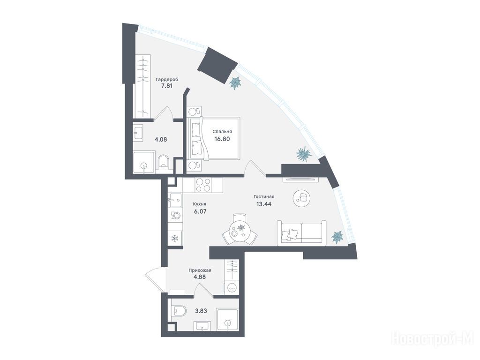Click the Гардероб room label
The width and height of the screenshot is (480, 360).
(x=166, y=80)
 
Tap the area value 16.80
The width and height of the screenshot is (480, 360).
(x=222, y=139)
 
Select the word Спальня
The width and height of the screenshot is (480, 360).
(x=222, y=132)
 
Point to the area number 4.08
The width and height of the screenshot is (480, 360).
(x=161, y=140)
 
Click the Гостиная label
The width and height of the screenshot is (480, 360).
(x=264, y=197)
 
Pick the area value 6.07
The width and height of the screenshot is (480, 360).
(x=200, y=211)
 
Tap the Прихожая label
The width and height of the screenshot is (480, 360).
(x=200, y=270)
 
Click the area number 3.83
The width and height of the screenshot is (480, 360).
(x=201, y=311)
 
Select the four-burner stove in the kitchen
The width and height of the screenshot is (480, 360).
(x=203, y=185)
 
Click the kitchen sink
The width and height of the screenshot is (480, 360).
(x=175, y=201)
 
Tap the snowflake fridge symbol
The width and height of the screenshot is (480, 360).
(x=175, y=238)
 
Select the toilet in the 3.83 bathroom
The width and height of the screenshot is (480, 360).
(x=179, y=311)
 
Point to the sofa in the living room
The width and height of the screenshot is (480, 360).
(x=301, y=232)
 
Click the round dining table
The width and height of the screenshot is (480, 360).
(x=240, y=230)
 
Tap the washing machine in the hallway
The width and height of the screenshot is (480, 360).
(x=232, y=287)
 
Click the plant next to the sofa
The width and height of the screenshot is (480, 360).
(x=337, y=237)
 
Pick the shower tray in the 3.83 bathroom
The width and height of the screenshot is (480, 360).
(x=227, y=319)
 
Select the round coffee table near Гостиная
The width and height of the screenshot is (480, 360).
(x=302, y=198)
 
